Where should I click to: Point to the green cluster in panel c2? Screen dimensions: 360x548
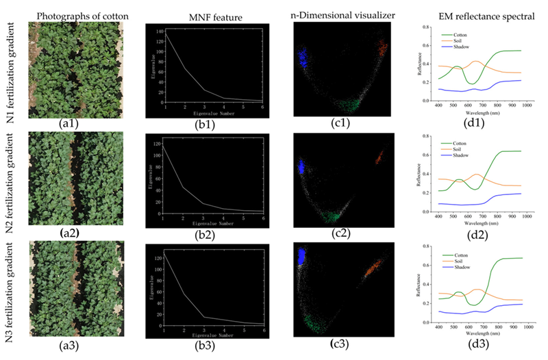(x=334, y=217)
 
